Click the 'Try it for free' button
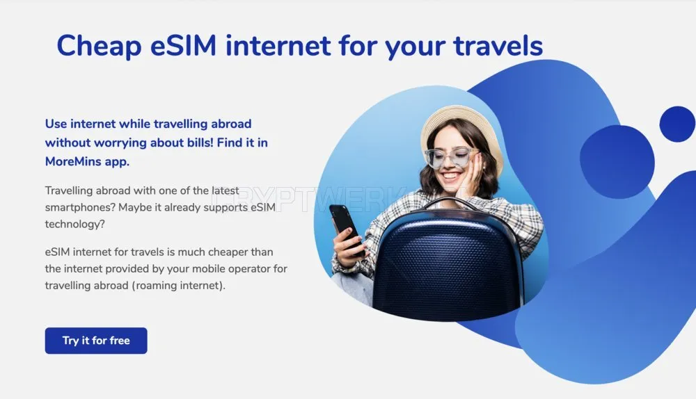click(96, 341)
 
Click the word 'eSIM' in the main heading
click(183, 46)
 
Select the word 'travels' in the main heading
click(498, 46)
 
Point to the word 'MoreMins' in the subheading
click(73, 161)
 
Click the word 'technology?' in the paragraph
click(75, 224)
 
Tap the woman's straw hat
click(461, 133)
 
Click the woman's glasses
click(449, 158)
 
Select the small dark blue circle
click(677, 124)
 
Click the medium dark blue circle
click(617, 162)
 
